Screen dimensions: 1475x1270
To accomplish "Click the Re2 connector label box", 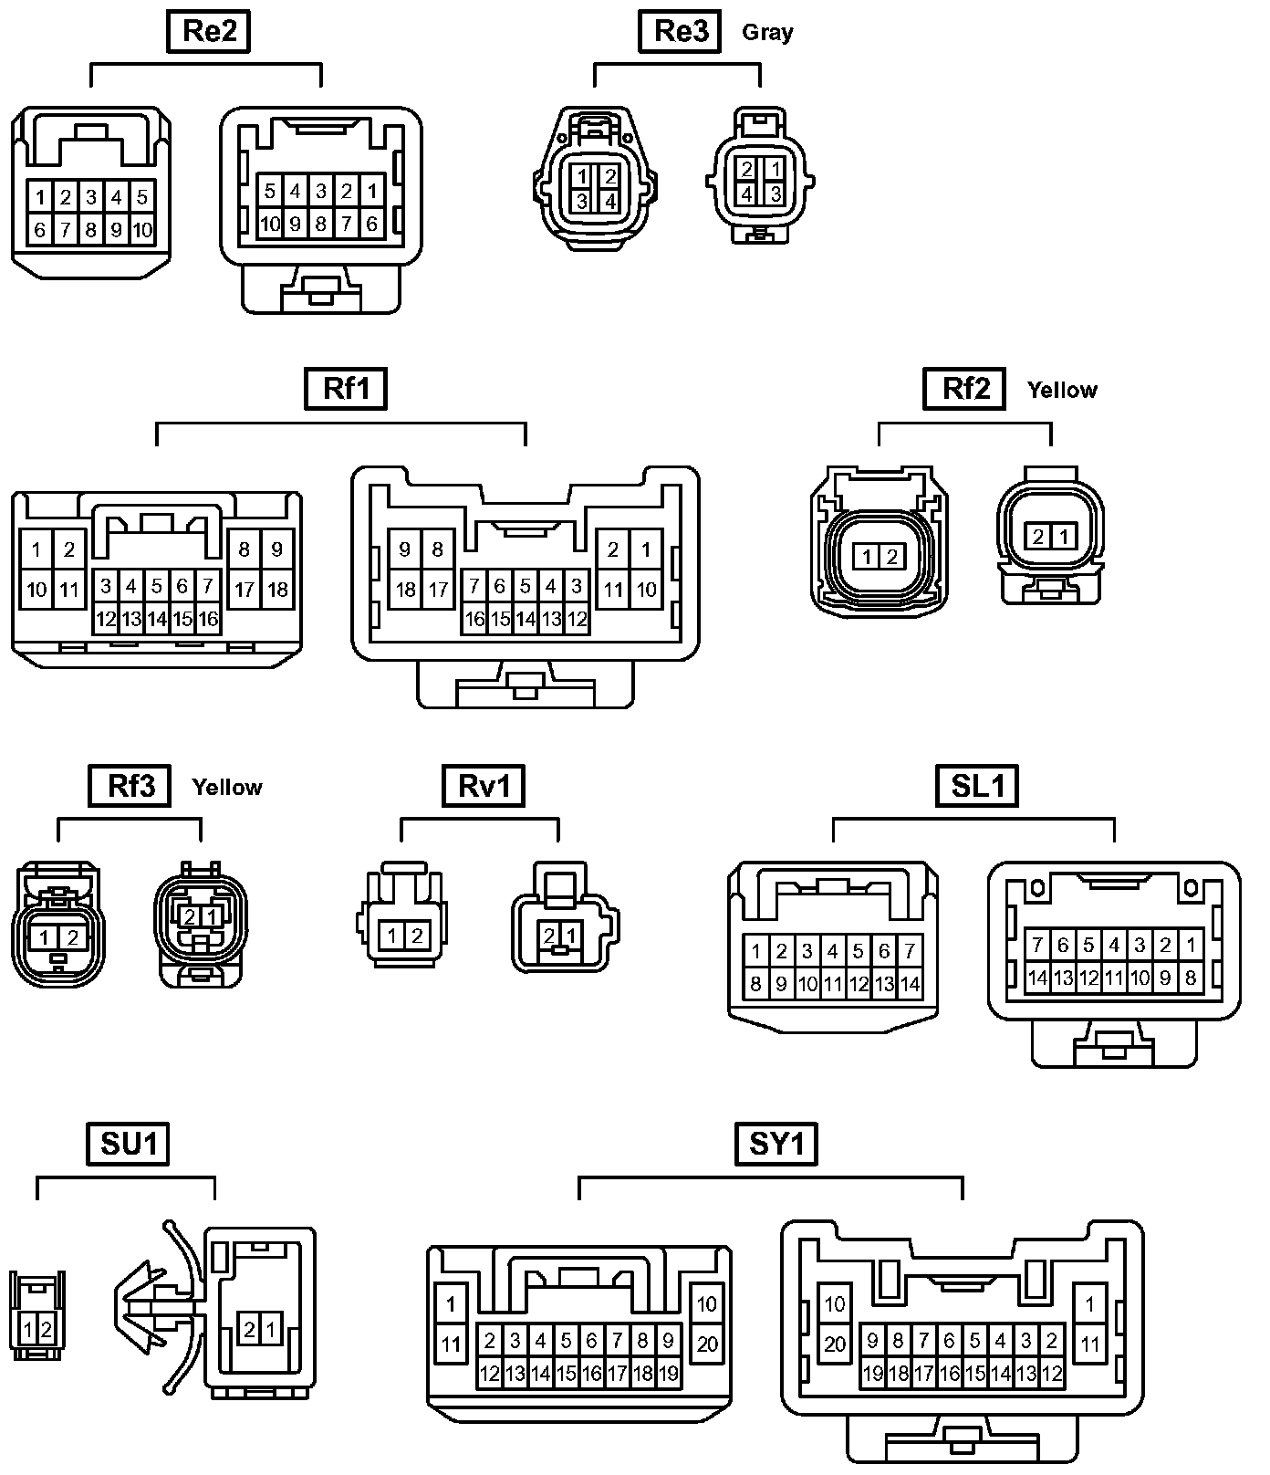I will [210, 31].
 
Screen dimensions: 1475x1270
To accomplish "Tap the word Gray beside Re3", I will [767, 33].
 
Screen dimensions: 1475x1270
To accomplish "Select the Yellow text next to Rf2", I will [1061, 390].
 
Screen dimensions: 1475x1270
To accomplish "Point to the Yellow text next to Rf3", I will [227, 787].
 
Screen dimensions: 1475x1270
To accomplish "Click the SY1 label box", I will [776, 1144].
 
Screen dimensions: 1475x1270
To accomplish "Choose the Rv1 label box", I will [484, 786].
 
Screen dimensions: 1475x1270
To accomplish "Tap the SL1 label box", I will [977, 786].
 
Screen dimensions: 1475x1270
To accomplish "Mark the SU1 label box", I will [128, 1144].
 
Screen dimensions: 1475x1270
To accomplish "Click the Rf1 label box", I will [347, 389].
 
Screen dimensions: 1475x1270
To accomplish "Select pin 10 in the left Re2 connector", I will [142, 230].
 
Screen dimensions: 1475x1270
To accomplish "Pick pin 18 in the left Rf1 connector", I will [277, 590].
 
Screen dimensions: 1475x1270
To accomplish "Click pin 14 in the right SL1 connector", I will [1037, 978].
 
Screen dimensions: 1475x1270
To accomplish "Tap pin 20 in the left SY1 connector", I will [707, 1344].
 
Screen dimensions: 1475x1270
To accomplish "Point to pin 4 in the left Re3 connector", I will [609, 201].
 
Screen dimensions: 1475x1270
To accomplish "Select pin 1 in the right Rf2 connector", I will [1063, 537].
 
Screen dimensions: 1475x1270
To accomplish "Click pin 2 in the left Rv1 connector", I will [417, 936].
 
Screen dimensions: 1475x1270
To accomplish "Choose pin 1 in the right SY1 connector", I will [1089, 1304].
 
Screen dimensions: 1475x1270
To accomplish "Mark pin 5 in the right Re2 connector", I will [270, 192].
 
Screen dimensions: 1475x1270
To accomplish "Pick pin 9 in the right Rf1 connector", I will [405, 549].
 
